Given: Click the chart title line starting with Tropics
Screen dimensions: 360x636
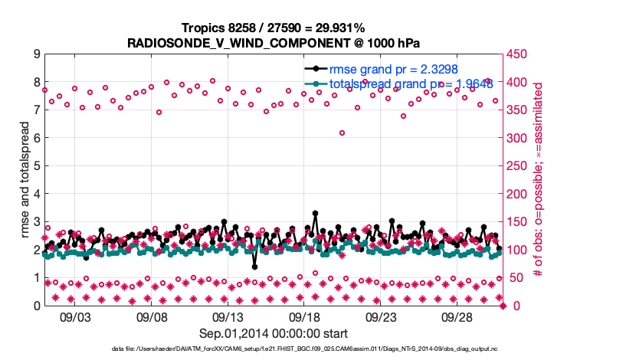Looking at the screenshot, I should pyautogui.click(x=273, y=28).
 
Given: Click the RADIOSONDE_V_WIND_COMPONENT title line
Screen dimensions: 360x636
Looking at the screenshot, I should pyautogui.click(x=273, y=42).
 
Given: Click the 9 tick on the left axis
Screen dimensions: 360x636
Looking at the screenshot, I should pyautogui.click(x=36, y=54).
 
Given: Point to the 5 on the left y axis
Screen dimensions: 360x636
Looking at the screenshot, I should pyautogui.click(x=36, y=166).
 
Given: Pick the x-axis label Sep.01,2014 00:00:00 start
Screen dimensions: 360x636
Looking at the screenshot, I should pyautogui.click(x=274, y=333).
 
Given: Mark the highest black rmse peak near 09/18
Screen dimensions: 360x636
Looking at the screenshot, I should pyautogui.click(x=315, y=214).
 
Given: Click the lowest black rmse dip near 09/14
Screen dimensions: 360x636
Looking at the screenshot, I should pyautogui.click(x=254, y=267).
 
